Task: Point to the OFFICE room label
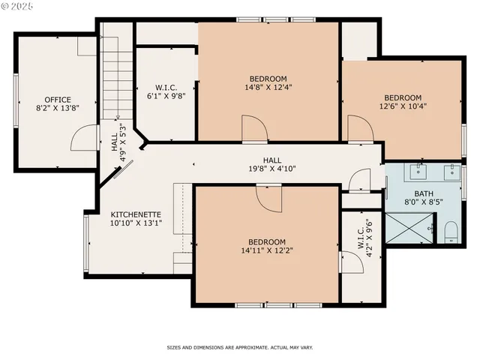coord(57,100)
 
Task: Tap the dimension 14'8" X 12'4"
coord(268,88)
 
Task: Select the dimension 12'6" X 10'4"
coord(403,106)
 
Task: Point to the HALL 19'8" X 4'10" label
coord(271,165)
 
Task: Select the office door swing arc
coord(81,139)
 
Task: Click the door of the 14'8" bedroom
coord(254,128)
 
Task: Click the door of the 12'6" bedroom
coord(360,132)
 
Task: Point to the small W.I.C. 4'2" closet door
coord(350,262)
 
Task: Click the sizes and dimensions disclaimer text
coord(239,347)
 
